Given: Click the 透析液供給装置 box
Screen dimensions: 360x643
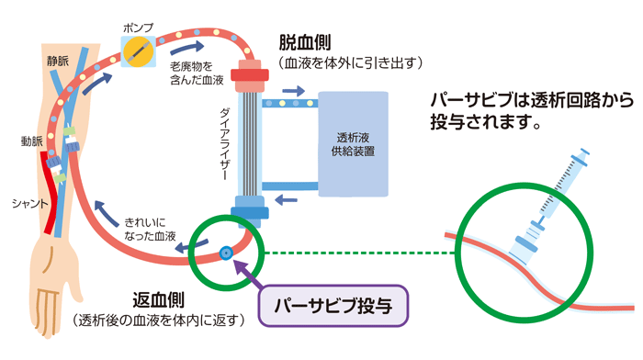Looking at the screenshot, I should pos(353,142).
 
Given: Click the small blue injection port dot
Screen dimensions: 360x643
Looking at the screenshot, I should pos(225,250).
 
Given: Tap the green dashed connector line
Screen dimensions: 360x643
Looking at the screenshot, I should pos(358,251).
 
